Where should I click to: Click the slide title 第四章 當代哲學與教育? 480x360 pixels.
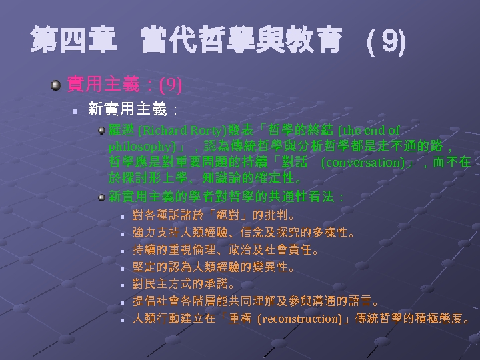pos(187,41)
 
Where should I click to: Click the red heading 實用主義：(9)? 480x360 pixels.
pos(125,85)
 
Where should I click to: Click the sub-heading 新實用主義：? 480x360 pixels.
pos(133,108)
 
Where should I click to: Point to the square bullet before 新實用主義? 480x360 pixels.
pos(76,109)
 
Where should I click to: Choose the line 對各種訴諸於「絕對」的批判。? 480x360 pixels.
pos(213,215)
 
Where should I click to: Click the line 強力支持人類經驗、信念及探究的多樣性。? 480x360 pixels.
pos(244,233)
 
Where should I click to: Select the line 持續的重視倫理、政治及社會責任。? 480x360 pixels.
pos(225,250)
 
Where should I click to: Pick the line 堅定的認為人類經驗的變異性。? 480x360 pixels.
pos(213,267)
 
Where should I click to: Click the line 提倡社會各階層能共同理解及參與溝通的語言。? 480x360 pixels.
pos(257,301)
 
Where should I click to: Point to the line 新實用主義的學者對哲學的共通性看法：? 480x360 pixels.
pos(226,197)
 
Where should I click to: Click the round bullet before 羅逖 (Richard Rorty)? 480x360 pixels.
pos(101,130)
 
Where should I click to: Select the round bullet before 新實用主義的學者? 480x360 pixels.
pos(101,197)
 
